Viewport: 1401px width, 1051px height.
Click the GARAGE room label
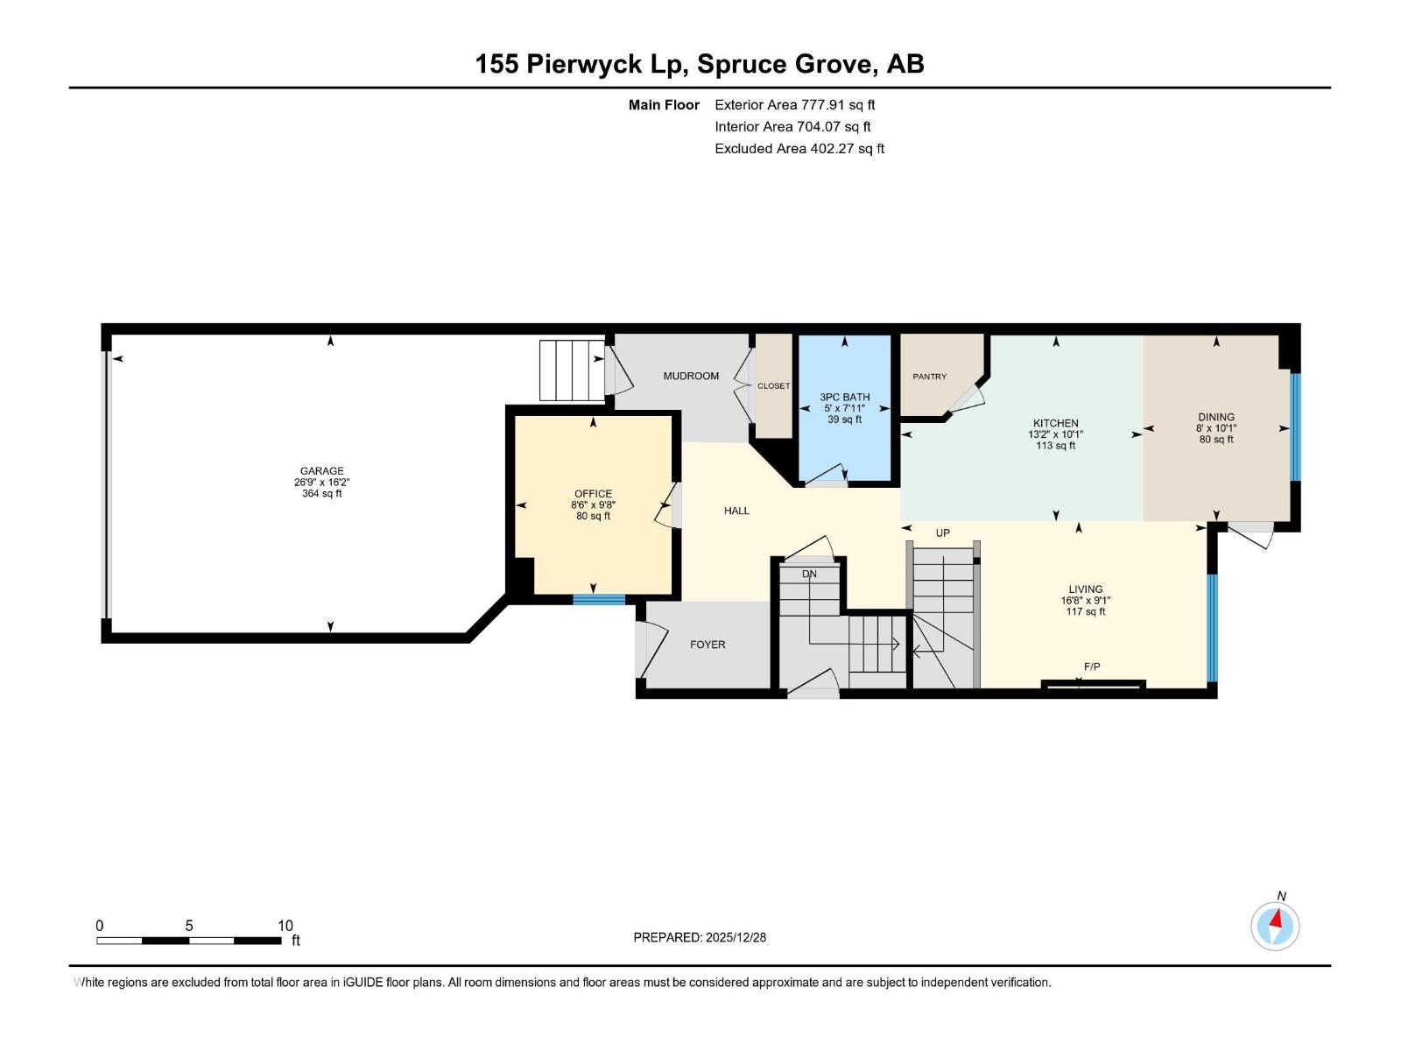click(321, 471)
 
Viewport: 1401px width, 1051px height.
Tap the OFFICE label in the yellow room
click(593, 494)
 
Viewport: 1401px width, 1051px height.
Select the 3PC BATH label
click(844, 398)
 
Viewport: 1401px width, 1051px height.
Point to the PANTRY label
click(929, 377)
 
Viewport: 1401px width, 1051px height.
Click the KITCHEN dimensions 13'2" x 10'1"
click(1055, 434)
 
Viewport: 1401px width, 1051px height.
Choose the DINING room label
click(1215, 418)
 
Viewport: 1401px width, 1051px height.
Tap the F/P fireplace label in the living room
click(1091, 667)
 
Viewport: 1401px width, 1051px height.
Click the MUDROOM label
click(691, 377)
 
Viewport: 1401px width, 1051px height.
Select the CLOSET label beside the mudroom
click(773, 386)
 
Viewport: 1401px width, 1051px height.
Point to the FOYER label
click(708, 645)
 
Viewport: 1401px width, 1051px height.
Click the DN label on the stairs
click(809, 575)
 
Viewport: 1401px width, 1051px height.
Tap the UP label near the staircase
click(942, 533)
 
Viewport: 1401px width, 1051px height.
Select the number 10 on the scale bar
click(285, 926)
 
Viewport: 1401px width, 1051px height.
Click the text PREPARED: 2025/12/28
click(700, 937)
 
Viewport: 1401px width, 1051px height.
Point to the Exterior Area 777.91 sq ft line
click(794, 105)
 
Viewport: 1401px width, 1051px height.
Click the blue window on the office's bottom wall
click(599, 600)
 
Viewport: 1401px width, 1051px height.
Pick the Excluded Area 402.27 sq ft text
click(799, 149)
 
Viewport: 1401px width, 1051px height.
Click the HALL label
click(736, 511)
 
